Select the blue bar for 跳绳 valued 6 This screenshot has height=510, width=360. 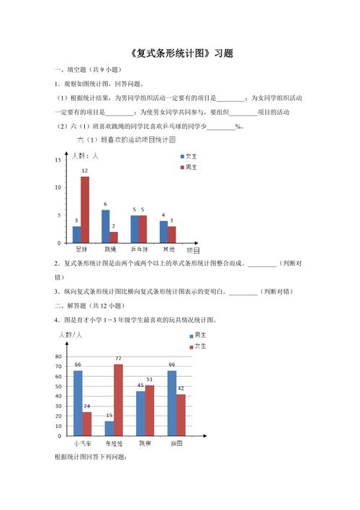[x=105, y=225]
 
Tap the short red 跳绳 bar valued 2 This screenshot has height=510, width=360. [x=114, y=237]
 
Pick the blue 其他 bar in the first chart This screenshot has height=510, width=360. [x=163, y=231]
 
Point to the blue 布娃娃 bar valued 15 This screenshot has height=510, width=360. [x=109, y=428]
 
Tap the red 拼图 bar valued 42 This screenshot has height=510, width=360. [x=181, y=414]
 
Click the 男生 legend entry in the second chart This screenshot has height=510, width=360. [x=197, y=336]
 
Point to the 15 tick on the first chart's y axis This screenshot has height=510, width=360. [x=58, y=160]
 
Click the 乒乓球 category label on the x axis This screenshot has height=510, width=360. [x=140, y=249]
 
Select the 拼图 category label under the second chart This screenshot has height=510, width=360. [x=176, y=444]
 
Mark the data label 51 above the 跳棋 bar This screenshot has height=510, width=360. [x=150, y=379]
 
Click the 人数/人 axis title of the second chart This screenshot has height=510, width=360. [x=71, y=336]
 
